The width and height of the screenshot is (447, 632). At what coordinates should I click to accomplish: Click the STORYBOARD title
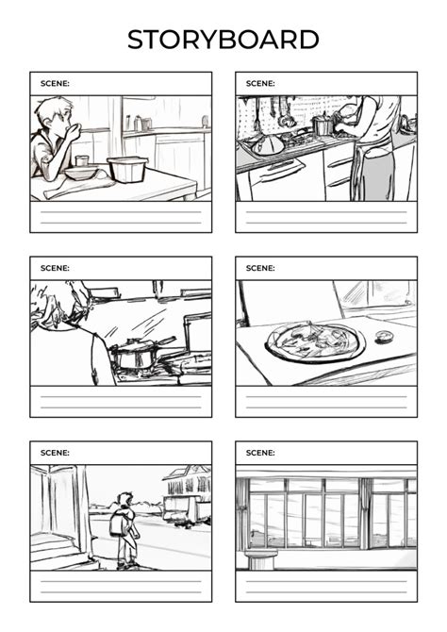[223, 40]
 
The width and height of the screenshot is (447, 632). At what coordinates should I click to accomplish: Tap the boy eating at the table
[52, 137]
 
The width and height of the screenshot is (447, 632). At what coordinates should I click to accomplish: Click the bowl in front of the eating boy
[81, 173]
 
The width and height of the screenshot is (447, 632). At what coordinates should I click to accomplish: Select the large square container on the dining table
[127, 169]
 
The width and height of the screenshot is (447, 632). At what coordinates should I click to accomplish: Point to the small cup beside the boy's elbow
[82, 160]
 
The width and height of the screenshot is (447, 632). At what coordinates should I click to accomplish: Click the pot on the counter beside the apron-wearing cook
[323, 125]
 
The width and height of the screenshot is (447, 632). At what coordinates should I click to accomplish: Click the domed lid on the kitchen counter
[268, 145]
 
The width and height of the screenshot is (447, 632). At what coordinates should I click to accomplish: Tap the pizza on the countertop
[311, 341]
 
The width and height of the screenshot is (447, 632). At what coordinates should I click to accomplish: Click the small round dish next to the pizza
[383, 337]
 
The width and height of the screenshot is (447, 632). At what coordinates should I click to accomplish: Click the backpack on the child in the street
[120, 523]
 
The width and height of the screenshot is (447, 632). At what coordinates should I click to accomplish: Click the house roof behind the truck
[186, 472]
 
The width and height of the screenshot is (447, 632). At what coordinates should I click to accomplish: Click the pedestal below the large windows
[261, 559]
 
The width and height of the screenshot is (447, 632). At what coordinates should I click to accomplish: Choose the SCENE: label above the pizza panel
[260, 268]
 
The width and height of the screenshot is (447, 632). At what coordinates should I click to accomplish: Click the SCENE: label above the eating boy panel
[55, 83]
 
